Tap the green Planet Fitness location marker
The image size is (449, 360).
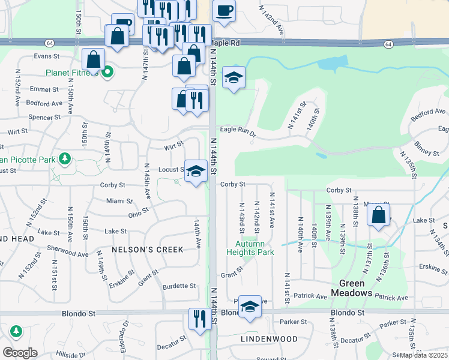coord(107,73)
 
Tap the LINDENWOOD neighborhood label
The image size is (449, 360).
coord(269,339)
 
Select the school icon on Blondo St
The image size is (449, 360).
coord(250,307)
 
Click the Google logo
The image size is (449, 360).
coord(20,353)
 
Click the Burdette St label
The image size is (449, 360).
coord(179,286)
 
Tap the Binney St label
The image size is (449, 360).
coord(426,150)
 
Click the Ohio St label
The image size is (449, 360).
coord(138,215)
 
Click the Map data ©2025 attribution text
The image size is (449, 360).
coord(423,355)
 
